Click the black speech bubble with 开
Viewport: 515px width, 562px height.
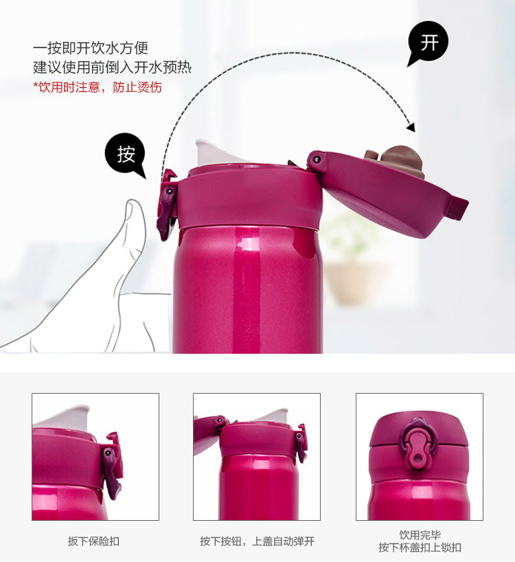pos(428,43)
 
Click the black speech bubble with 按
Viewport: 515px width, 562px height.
pos(126,154)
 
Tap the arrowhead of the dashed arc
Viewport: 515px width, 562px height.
pos(411,127)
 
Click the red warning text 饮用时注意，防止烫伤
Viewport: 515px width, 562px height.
pos(98,87)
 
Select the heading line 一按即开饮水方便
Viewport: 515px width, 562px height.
pos(91,48)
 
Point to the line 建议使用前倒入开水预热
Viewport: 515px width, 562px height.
pos(112,67)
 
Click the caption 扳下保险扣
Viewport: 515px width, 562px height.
pos(93,541)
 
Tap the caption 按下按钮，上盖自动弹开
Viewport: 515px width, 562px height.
pos(257,541)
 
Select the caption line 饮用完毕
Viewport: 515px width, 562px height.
pos(420,535)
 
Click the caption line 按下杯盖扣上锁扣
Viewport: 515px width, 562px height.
pos(420,548)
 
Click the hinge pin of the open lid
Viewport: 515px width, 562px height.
pos(317,159)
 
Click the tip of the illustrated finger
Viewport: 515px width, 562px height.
pos(134,201)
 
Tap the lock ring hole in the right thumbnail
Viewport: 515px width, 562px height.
pos(417,458)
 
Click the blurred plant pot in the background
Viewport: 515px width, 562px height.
pos(353,283)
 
